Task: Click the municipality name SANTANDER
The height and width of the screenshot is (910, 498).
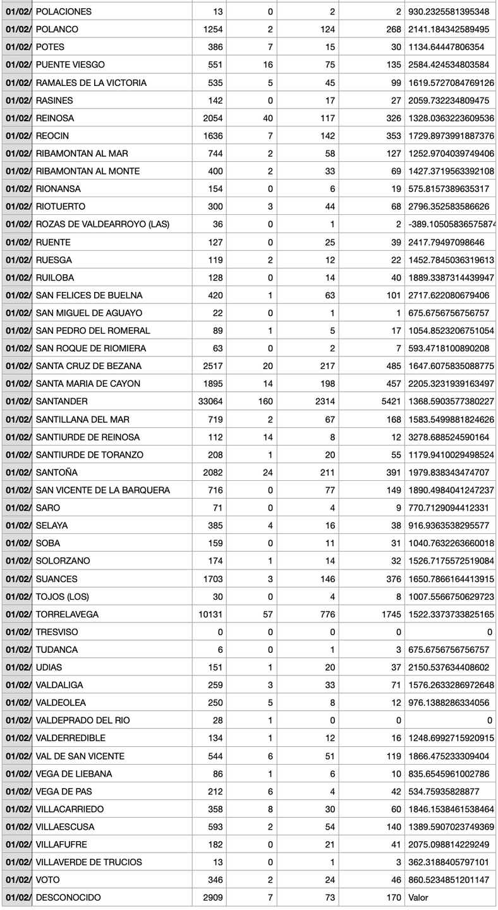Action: [x=61, y=401]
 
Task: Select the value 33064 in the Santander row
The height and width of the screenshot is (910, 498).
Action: [x=209, y=401]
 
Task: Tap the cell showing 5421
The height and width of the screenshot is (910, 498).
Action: [x=389, y=401]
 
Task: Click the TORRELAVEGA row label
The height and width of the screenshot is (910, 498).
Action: [x=67, y=614]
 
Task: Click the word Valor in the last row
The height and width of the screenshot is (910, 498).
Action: [x=418, y=897]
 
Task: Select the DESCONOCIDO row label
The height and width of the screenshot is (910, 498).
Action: [x=68, y=897]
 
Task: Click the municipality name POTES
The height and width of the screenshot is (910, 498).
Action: [x=50, y=47]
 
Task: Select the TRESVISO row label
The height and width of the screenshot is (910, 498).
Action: [x=57, y=632]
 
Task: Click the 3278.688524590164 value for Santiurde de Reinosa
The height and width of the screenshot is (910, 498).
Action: [x=449, y=437]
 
